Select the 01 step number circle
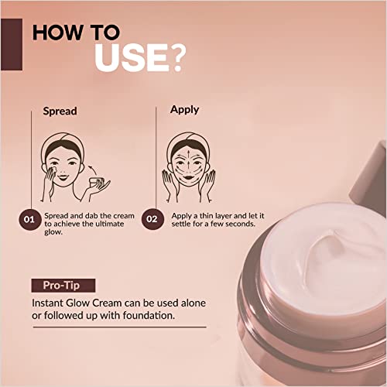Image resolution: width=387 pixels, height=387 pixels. (x=29, y=220)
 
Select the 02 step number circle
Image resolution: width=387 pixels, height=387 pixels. (x=152, y=220)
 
